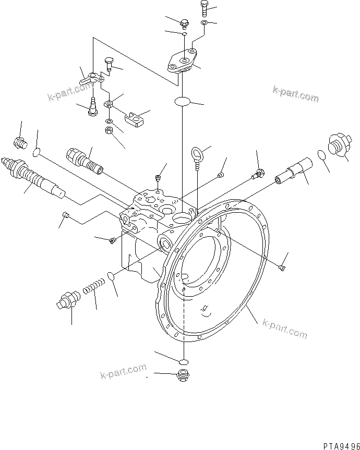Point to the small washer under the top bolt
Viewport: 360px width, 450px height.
204,23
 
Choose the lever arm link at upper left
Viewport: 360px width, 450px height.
92,79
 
